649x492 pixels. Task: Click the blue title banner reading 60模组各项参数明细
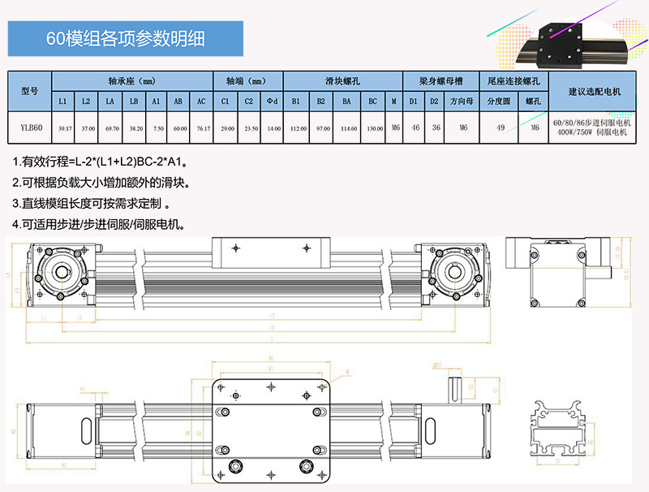pos(125,39)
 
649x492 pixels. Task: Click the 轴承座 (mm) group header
pos(131,81)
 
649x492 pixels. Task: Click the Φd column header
pos(273,101)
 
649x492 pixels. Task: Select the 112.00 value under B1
pos(297,127)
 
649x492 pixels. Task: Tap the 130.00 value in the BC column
pos(374,127)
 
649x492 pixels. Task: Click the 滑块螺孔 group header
pos(342,81)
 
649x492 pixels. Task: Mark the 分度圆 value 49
pos(501,127)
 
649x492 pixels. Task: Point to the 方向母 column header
pos(463,101)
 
